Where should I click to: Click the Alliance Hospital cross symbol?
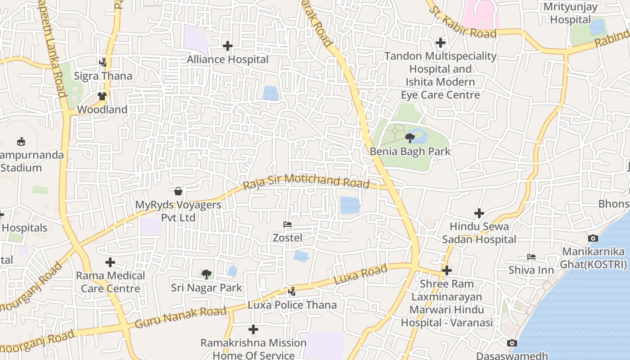pyautogui.click(x=228, y=46)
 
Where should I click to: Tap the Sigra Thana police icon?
pyautogui.click(x=103, y=63)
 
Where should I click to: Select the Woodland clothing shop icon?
pyautogui.click(x=102, y=96)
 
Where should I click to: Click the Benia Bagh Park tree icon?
pyautogui.click(x=409, y=138)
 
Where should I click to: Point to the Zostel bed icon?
pyautogui.click(x=288, y=224)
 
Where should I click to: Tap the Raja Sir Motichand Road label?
pyautogui.click(x=306, y=181)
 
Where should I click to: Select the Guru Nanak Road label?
pyautogui.click(x=180, y=317)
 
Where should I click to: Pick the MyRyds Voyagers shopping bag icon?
pyautogui.click(x=178, y=191)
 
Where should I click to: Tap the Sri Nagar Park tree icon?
pyautogui.click(x=207, y=274)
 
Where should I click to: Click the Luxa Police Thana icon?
pyautogui.click(x=292, y=292)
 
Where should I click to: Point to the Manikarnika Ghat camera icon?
pyautogui.click(x=593, y=238)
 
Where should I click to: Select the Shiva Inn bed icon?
pyautogui.click(x=531, y=257)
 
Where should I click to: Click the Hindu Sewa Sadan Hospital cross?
pyautogui.click(x=479, y=213)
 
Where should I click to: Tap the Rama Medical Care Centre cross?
pyautogui.click(x=110, y=262)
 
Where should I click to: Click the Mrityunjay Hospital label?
pyautogui.click(x=570, y=13)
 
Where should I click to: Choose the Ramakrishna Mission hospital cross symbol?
pyautogui.click(x=253, y=329)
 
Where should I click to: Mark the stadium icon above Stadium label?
pyautogui.click(x=21, y=142)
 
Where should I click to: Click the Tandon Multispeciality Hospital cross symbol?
pyautogui.click(x=441, y=43)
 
